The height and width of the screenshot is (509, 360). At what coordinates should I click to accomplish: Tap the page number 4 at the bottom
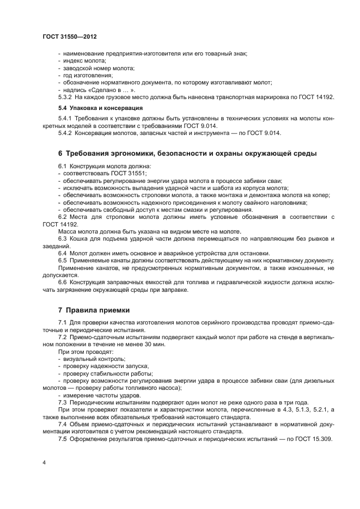click(x=43, y=462)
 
